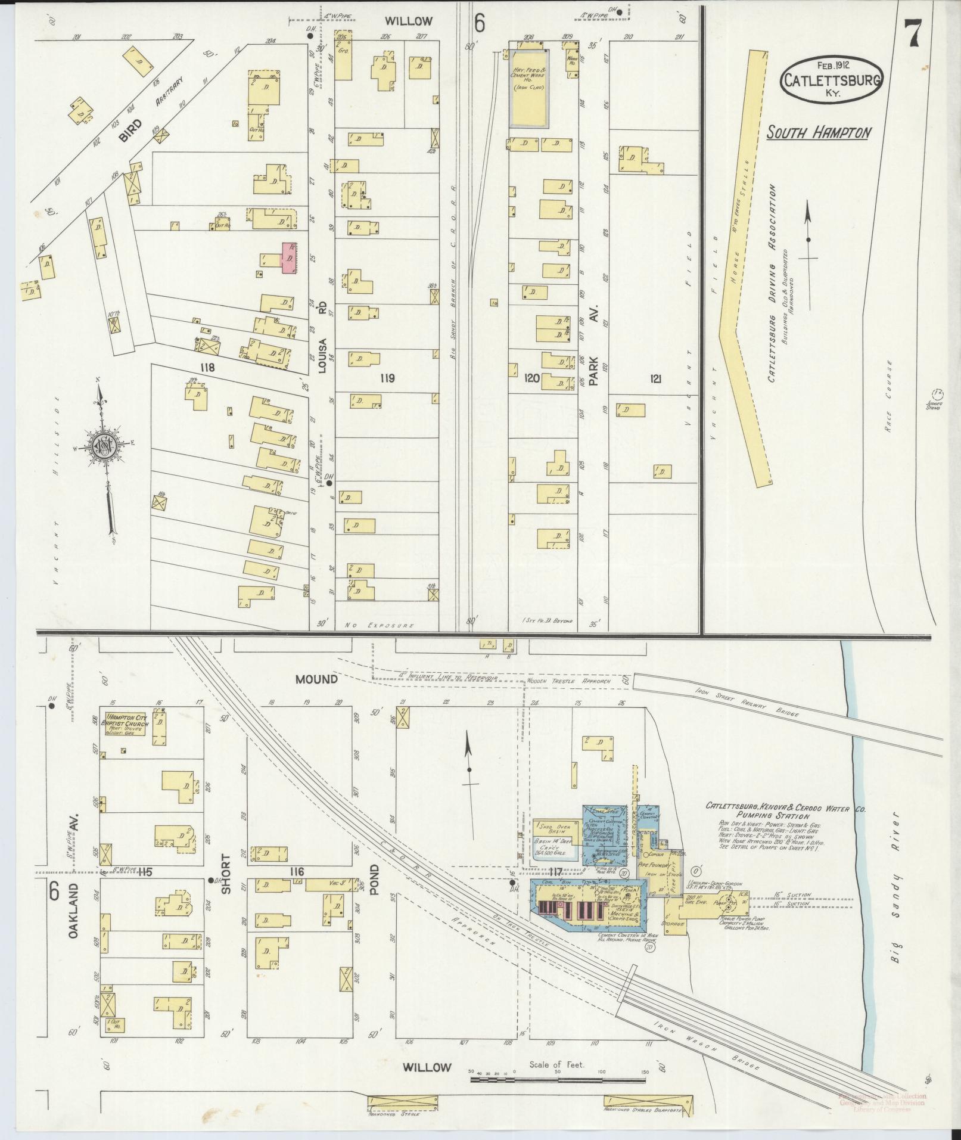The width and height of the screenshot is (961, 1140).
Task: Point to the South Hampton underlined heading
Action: tap(817, 132)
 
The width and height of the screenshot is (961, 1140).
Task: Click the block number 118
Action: tap(207, 368)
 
